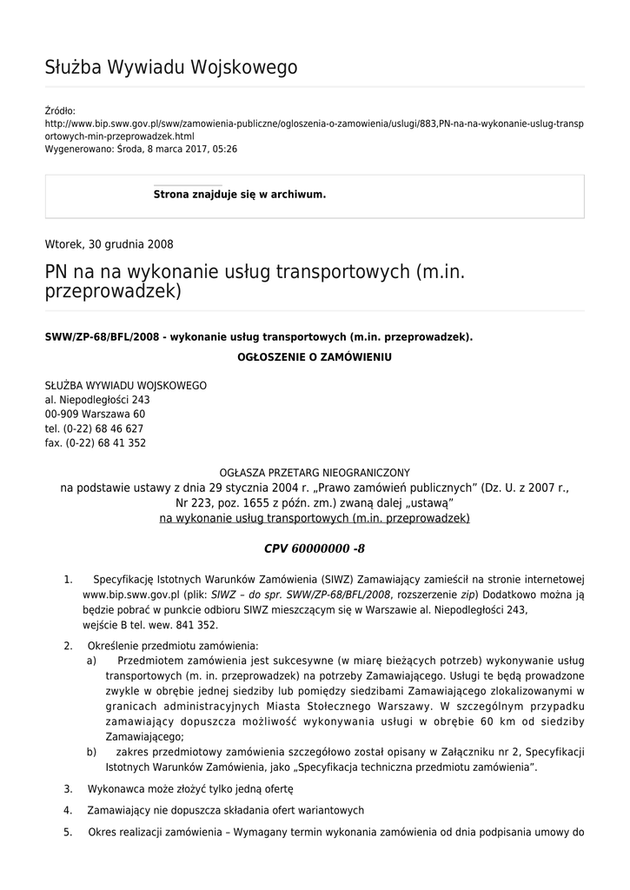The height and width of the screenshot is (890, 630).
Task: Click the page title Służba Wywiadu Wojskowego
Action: point(171,68)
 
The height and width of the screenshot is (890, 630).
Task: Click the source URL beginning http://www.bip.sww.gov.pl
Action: point(314,123)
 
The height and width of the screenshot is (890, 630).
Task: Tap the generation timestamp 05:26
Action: point(225,149)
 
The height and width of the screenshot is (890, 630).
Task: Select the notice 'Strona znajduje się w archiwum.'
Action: point(240,195)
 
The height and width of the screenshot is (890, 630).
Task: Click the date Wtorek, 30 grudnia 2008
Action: point(109,244)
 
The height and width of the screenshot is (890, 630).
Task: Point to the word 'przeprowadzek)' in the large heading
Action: point(113,292)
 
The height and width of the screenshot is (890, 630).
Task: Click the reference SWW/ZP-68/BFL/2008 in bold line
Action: point(102,336)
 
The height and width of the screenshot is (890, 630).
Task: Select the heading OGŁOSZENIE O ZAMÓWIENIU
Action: point(315,357)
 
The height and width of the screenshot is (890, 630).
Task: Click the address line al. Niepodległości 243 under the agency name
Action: point(97,400)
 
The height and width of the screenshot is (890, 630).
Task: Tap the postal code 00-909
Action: point(63,414)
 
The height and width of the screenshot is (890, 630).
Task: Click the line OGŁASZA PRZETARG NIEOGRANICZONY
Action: point(315,473)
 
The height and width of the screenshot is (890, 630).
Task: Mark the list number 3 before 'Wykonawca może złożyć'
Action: point(68,789)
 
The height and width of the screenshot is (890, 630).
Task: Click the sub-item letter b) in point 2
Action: point(91,751)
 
